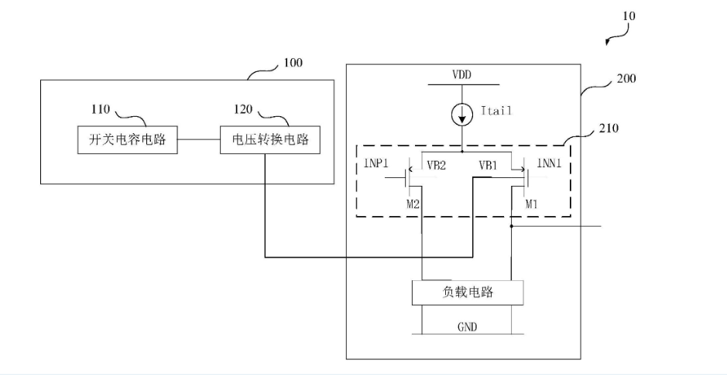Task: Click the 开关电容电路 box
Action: tap(127, 140)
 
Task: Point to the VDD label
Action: tap(462, 75)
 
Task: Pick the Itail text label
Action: tap(496, 111)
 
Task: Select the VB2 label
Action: tap(437, 166)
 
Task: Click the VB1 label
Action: tap(489, 166)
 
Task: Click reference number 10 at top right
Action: tap(629, 15)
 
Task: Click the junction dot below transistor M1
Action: tap(512, 227)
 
